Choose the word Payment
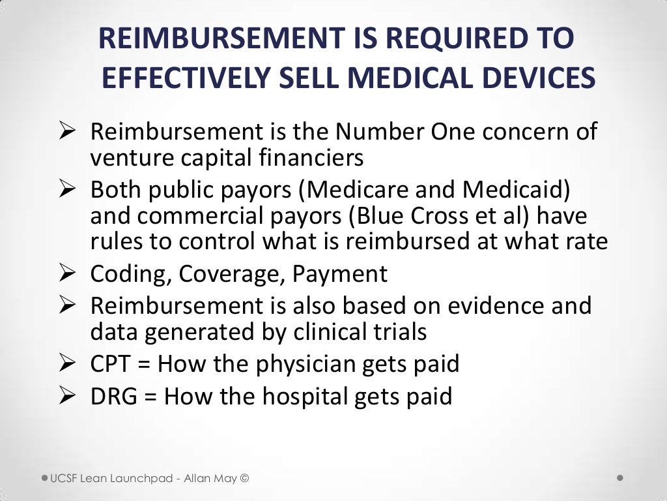pos(339,274)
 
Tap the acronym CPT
pos(111,364)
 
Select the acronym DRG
pos(114,396)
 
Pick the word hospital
pos(303,396)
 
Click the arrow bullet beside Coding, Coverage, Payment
pos(69,274)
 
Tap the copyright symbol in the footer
pos(244,478)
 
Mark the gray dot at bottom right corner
pos(620,478)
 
